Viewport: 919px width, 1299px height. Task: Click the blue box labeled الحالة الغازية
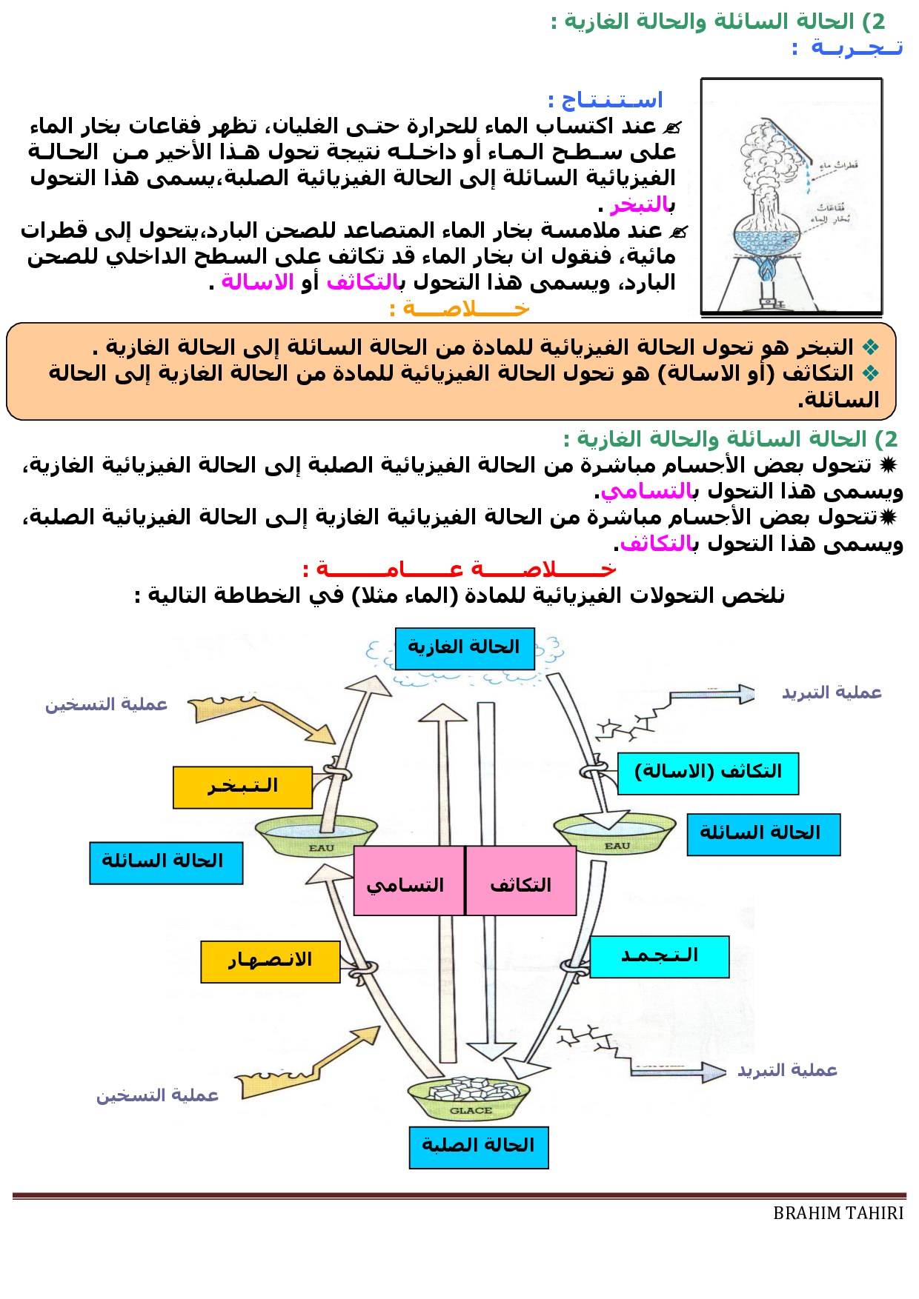click(x=465, y=648)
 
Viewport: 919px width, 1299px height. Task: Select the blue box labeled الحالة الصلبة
click(x=479, y=1147)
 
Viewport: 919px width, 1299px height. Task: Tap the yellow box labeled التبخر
click(x=242, y=787)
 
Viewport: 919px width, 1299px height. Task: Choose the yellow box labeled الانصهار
click(x=270, y=961)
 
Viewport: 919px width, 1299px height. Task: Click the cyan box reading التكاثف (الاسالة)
click(x=708, y=773)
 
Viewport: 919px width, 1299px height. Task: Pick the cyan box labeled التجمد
click(x=659, y=956)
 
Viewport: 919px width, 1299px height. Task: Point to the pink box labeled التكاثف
click(x=521, y=881)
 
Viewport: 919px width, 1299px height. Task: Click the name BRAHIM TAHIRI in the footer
click(x=838, y=1213)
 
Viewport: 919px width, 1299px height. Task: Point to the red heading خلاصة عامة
click(x=459, y=569)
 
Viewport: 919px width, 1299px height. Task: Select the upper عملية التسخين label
click(x=107, y=704)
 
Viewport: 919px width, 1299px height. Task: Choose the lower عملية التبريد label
click(x=787, y=1070)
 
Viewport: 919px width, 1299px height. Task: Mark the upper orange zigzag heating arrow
click(x=259, y=715)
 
